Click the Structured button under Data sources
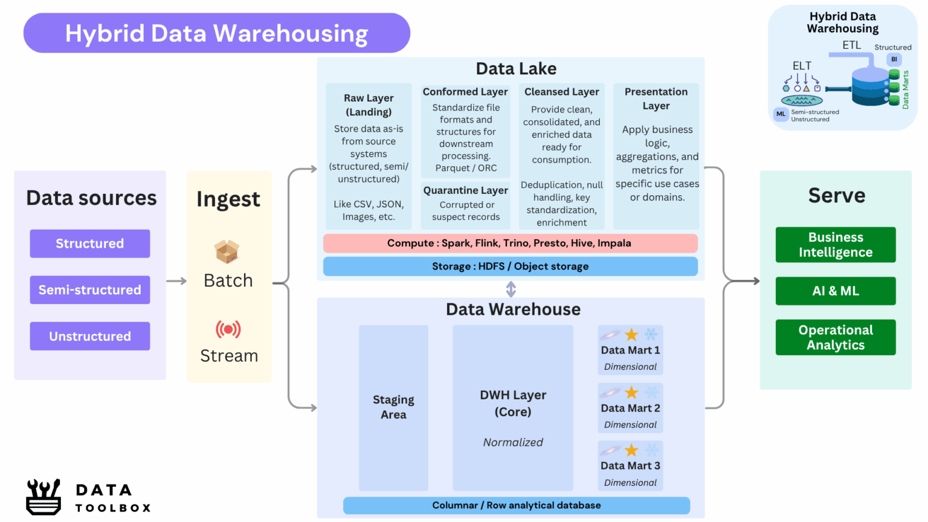[90, 243]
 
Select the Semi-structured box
[90, 290]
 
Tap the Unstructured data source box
[90, 337]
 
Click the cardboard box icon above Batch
[227, 251]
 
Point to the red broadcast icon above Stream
[228, 329]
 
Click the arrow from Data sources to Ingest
[176, 281]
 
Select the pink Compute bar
[510, 243]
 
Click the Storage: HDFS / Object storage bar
[510, 266]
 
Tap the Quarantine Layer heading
[466, 190]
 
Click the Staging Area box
[393, 407]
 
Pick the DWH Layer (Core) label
[513, 403]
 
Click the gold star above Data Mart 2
[631, 393]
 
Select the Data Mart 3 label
[630, 466]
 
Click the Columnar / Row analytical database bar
[516, 505]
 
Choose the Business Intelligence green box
[836, 245]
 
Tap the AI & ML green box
[836, 291]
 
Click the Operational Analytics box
[836, 337]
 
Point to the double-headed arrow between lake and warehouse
[511, 289]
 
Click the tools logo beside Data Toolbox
[43, 497]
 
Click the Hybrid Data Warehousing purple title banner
[216, 33]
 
